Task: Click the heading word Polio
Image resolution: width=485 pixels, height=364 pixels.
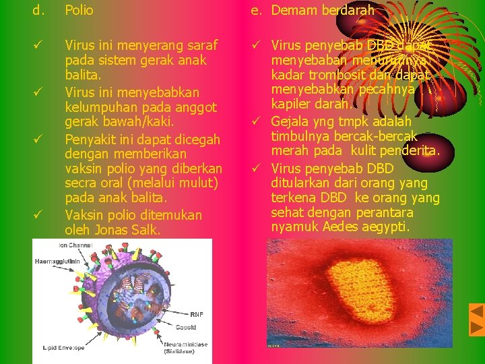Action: (x=79, y=11)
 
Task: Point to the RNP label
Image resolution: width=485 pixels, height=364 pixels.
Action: (x=197, y=314)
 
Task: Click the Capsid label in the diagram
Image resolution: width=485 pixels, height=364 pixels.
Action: (x=186, y=328)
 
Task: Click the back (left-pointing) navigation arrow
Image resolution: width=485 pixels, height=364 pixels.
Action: (x=476, y=312)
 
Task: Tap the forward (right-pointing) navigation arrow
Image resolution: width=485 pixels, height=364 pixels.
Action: (x=476, y=328)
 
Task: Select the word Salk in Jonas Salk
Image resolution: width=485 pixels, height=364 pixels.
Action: (x=145, y=230)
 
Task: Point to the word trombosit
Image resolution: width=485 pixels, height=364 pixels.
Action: (x=331, y=75)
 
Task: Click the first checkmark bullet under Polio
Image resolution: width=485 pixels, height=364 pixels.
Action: (x=39, y=45)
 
